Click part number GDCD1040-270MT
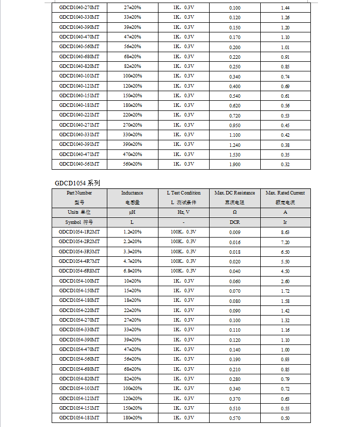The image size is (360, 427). point(79,8)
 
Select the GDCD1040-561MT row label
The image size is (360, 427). point(79,164)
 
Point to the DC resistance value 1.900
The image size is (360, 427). point(235,164)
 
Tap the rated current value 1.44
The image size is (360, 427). point(285,8)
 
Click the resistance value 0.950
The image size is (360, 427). point(235,125)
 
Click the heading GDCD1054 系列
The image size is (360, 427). point(78,183)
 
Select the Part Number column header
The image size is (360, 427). point(79,193)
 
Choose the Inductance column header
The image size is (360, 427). point(132,193)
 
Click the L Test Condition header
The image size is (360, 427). point(183,193)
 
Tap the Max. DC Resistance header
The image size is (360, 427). point(235,193)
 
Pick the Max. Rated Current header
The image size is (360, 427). point(285,193)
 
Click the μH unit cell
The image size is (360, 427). point(132,212)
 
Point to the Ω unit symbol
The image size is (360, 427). point(235,212)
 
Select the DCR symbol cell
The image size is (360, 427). point(235,222)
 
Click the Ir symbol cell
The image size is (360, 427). point(285,222)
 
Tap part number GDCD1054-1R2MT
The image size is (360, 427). point(79,232)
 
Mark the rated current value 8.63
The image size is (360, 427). point(285,232)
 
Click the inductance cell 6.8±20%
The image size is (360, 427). point(132,271)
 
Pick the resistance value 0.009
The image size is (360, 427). point(235,232)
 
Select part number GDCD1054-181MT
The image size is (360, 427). point(79,418)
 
